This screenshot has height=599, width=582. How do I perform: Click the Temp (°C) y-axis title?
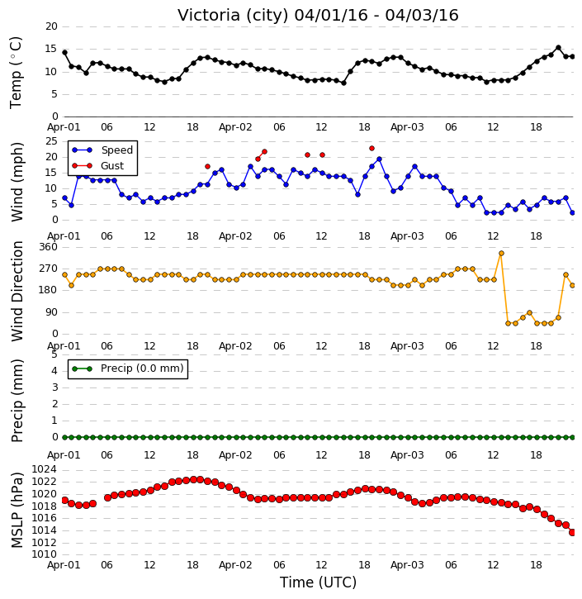(x=16, y=73)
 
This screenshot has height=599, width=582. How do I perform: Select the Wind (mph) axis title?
(x=17, y=182)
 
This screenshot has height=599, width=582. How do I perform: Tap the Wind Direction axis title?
(x=17, y=291)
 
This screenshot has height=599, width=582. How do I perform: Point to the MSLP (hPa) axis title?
(x=17, y=510)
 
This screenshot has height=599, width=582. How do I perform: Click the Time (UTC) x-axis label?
(x=318, y=582)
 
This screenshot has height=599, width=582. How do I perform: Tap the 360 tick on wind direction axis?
(x=49, y=247)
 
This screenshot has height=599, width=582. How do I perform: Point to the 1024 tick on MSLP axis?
(x=45, y=469)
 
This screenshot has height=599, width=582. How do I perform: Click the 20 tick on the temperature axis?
(x=51, y=26)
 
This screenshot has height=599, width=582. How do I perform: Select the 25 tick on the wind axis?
(x=51, y=141)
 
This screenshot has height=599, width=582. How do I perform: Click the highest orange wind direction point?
(x=501, y=254)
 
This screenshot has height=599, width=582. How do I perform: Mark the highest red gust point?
(x=371, y=148)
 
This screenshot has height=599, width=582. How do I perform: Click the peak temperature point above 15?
(x=558, y=48)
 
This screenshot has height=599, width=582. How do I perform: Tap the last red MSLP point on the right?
(x=572, y=532)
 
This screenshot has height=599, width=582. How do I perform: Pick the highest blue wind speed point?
(x=379, y=159)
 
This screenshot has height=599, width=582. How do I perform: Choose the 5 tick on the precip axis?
(x=54, y=354)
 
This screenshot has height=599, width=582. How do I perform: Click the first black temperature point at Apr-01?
(x=65, y=53)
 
